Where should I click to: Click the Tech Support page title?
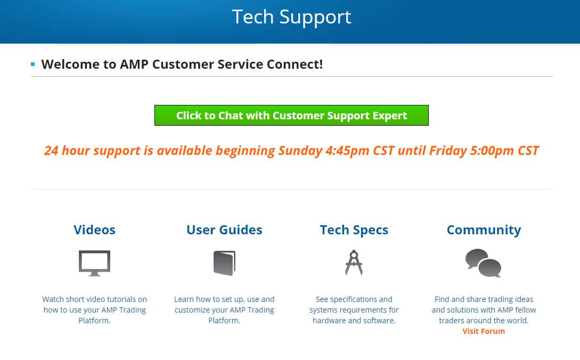click(291, 17)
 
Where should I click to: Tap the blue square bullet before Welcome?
click(33, 64)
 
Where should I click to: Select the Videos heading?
click(94, 230)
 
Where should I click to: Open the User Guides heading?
click(224, 230)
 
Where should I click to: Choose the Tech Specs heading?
click(354, 230)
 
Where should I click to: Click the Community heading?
click(484, 230)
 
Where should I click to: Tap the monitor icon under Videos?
click(94, 263)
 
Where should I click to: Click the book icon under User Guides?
click(224, 263)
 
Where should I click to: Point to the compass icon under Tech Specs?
click(354, 263)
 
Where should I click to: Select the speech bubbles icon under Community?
click(484, 263)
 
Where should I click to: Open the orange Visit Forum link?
click(484, 331)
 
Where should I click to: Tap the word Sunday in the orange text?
click(300, 151)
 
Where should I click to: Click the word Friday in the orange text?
click(448, 151)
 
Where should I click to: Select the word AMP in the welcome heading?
click(134, 64)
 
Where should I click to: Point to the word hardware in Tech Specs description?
click(329, 321)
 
